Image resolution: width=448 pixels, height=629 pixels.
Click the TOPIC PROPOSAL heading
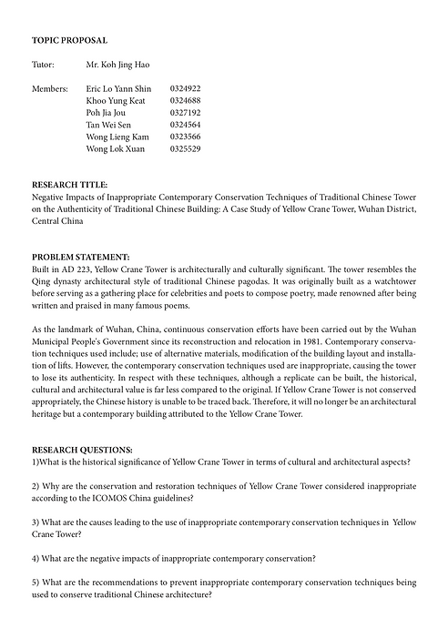click(69, 41)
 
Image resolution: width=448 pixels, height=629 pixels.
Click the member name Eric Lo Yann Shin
click(118, 89)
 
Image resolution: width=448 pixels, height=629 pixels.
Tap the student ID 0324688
click(185, 101)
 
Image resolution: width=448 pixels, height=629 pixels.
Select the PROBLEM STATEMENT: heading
click(80, 257)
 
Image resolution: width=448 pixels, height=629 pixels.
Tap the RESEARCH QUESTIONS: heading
click(82, 450)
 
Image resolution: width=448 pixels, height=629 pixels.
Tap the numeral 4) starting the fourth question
click(36, 558)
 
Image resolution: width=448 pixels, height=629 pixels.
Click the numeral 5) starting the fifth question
click(36, 582)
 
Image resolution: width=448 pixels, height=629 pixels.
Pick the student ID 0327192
click(185, 113)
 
